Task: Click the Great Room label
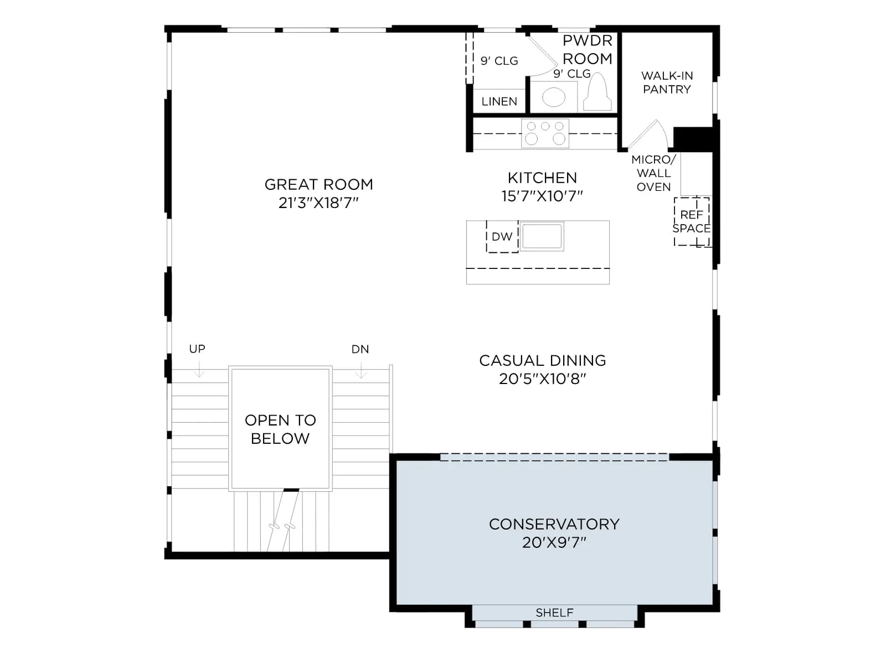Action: pos(318,184)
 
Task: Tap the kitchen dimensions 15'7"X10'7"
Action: pos(542,196)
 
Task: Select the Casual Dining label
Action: pos(543,360)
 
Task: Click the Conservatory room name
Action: pos(554,524)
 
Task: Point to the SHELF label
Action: pos(554,613)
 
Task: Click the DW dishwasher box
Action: pos(502,237)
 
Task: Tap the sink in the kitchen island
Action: pos(542,236)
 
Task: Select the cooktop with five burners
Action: pos(545,133)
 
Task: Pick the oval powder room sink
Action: pos(553,97)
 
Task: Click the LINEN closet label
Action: pos(499,101)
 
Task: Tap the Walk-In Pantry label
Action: pos(667,82)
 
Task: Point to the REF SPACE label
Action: pos(692,221)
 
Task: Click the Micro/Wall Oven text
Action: pos(653,173)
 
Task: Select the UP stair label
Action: pos(197,349)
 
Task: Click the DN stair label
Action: pos(360,349)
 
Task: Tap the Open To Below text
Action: pos(280,429)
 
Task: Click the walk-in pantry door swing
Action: pos(651,133)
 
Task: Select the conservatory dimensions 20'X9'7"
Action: pos(554,543)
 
